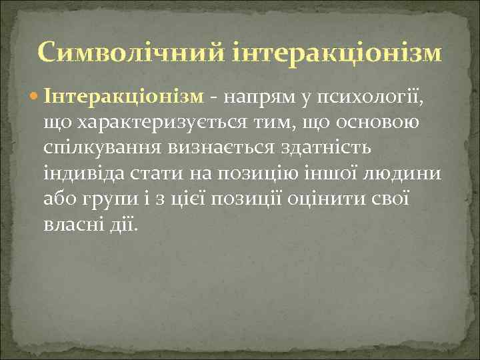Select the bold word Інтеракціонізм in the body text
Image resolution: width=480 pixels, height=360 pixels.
[123, 97]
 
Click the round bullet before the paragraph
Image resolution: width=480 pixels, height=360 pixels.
[36, 97]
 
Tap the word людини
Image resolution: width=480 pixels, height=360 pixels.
[404, 173]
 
